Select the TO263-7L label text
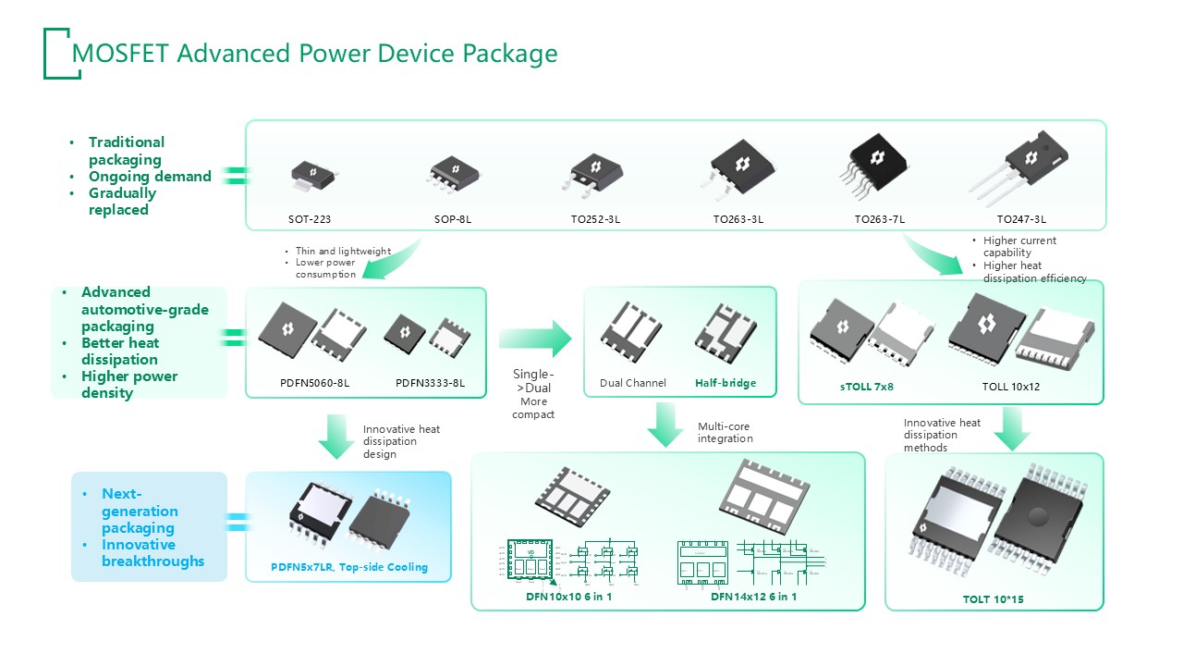pyautogui.click(x=879, y=220)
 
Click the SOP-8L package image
pyautogui.click(x=454, y=174)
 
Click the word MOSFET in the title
pyautogui.click(x=120, y=54)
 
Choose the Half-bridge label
pyautogui.click(x=726, y=383)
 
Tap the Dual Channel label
pyautogui.click(x=633, y=383)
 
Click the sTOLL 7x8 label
pyautogui.click(x=866, y=387)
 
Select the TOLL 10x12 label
pyautogui.click(x=1010, y=387)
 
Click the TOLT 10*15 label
pyautogui.click(x=993, y=599)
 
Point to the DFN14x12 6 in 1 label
pyautogui.click(x=753, y=597)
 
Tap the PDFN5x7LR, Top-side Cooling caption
pyautogui.click(x=348, y=567)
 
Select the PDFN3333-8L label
pyautogui.click(x=430, y=383)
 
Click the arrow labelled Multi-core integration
pyautogui.click(x=665, y=425)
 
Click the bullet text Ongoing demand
pyautogui.click(x=150, y=177)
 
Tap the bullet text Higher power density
pyautogui.click(x=129, y=385)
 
